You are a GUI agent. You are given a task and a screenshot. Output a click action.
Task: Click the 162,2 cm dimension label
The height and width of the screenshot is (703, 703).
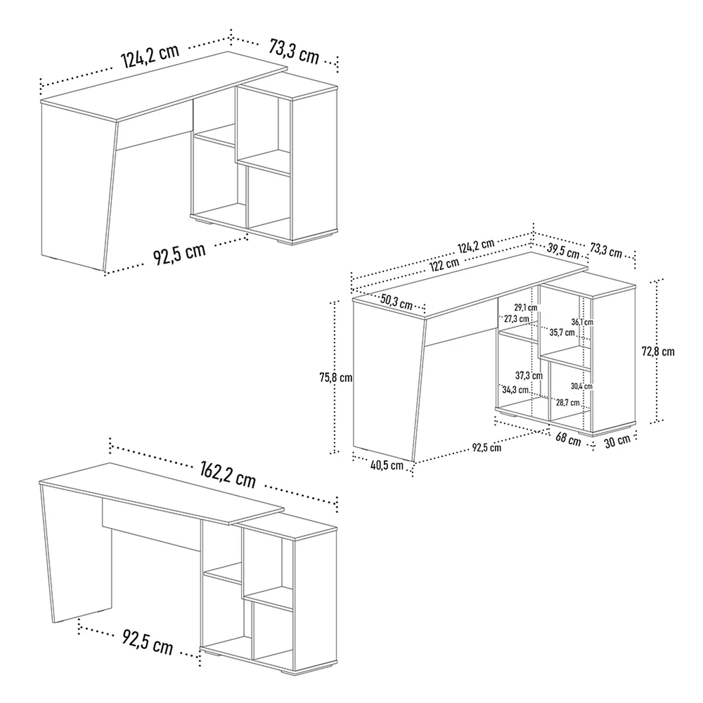pyautogui.click(x=227, y=474)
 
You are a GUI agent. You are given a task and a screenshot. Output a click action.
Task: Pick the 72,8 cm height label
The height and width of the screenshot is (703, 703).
pyautogui.click(x=658, y=351)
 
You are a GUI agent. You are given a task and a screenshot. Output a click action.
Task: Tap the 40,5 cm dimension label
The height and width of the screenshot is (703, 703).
pyautogui.click(x=387, y=465)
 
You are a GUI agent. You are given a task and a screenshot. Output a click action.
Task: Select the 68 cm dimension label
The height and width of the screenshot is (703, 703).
pyautogui.click(x=568, y=439)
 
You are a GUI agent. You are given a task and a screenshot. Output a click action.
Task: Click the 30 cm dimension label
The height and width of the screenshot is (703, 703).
pyautogui.click(x=617, y=441)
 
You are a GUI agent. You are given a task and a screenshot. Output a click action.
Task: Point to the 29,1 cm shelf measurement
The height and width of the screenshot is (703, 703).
pyautogui.click(x=526, y=308)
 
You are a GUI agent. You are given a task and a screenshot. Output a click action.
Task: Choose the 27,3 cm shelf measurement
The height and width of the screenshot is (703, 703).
pyautogui.click(x=516, y=319)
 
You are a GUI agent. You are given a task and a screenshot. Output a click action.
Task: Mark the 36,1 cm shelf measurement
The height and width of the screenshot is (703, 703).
pyautogui.click(x=582, y=322)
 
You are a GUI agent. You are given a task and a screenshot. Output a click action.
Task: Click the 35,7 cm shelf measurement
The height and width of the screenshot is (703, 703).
pyautogui.click(x=562, y=332)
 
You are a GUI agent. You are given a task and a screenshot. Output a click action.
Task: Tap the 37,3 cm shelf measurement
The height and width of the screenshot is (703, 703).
pyautogui.click(x=529, y=375)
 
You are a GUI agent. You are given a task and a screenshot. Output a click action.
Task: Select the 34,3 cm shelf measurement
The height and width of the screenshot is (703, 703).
pyautogui.click(x=516, y=389)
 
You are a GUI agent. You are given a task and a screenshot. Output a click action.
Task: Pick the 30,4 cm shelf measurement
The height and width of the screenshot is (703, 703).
pyautogui.click(x=582, y=386)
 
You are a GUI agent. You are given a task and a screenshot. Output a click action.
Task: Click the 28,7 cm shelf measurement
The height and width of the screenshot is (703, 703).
pyautogui.click(x=568, y=403)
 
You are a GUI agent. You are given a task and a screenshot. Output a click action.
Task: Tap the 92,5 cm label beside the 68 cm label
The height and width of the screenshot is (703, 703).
pyautogui.click(x=486, y=448)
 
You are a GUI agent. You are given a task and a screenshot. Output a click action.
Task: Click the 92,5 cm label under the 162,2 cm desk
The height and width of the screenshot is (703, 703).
pyautogui.click(x=148, y=642)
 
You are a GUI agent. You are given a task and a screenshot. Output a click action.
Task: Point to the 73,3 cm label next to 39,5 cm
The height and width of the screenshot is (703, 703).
pyautogui.click(x=606, y=251)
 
